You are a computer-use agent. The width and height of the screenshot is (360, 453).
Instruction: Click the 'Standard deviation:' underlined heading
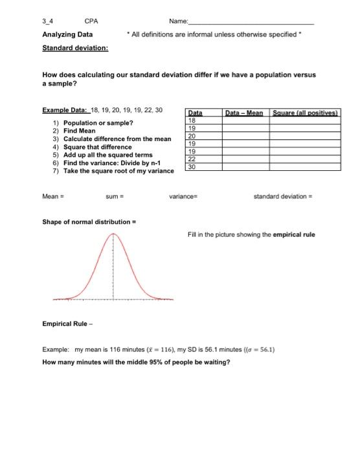coord(75,48)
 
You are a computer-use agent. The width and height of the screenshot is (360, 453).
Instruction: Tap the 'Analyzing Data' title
coord(67,34)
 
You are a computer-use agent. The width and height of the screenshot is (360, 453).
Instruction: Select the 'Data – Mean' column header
coord(243,113)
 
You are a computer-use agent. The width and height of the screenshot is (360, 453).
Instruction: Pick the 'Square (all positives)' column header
coord(304,113)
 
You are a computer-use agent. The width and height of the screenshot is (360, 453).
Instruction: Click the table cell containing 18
coord(192,120)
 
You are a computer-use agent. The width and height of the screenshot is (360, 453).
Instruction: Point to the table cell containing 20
coord(192,136)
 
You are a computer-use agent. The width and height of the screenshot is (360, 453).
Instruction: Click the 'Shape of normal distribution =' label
coord(89,222)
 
